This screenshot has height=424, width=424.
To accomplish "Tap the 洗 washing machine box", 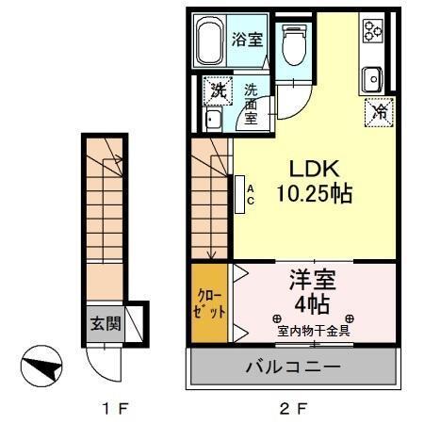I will (218, 91).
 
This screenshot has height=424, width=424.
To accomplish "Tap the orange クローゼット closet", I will (210, 303).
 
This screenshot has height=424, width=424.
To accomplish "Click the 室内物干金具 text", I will (314, 330).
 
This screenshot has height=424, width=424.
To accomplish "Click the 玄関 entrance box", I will (105, 325).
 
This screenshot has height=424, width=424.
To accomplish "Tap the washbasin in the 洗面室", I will (213, 120).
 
